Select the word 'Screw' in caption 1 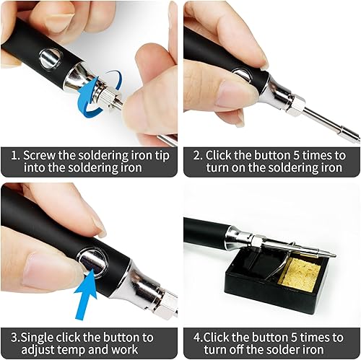coord(40,155)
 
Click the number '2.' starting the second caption coord(196,155)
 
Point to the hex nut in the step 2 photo coord(294,105)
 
